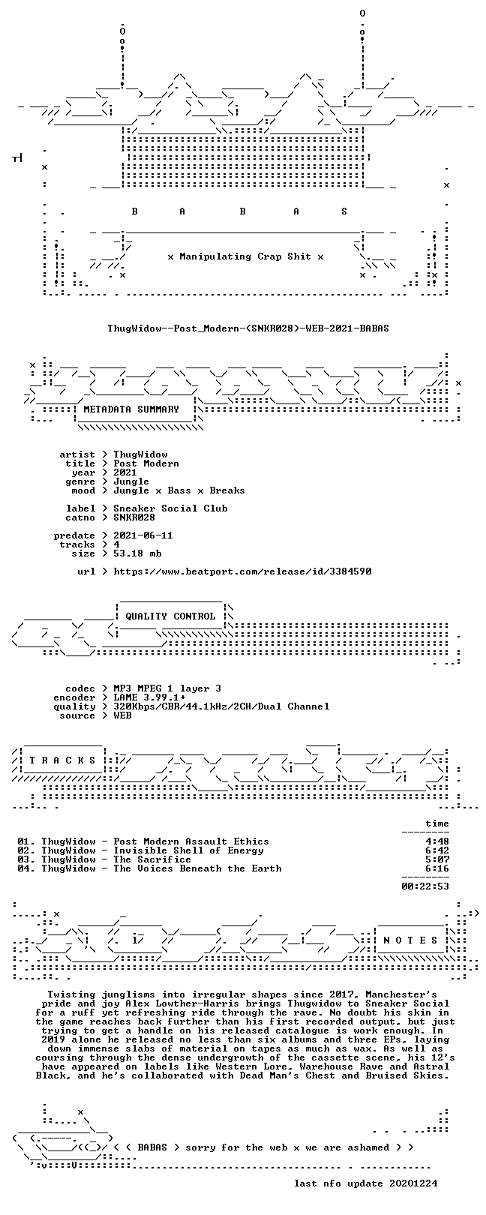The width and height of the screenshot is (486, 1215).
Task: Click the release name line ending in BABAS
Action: point(248,328)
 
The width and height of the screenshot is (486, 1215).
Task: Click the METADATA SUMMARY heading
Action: point(131,409)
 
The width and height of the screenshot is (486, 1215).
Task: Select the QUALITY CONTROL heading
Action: point(170,616)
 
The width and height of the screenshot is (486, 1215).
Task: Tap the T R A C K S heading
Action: point(62,760)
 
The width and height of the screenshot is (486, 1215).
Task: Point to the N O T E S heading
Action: point(410,940)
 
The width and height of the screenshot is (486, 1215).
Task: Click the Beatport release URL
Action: point(242,571)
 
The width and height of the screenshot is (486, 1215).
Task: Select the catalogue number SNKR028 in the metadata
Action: point(134,517)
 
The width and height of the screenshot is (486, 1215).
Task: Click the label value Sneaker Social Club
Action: point(170,508)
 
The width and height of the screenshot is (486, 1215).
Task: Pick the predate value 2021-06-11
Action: point(143,535)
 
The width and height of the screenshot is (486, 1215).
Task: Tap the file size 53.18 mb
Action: point(137,553)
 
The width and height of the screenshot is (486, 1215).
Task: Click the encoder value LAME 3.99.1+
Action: point(149,697)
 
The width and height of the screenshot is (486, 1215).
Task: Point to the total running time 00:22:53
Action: point(425,886)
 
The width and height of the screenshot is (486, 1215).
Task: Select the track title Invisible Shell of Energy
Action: point(188,850)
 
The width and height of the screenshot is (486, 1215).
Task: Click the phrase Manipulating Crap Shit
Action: point(245,256)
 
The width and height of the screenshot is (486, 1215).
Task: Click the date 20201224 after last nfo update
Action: point(413,1183)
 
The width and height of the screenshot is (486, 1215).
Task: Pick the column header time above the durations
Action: point(437,823)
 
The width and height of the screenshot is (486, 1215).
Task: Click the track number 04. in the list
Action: point(26,868)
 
